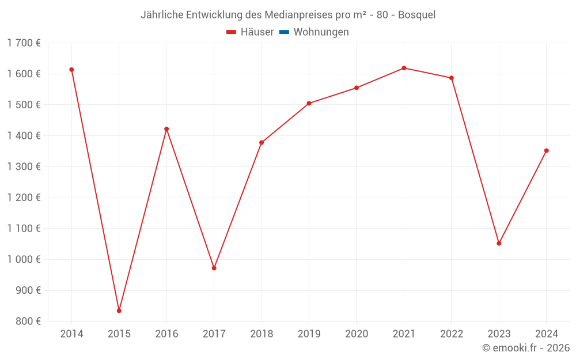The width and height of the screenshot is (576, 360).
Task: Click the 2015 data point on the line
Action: tap(119, 310)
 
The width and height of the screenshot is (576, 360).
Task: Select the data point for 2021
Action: tap(404, 68)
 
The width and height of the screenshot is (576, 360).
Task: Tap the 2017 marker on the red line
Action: tap(214, 268)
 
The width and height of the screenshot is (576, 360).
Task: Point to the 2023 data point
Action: tap(499, 243)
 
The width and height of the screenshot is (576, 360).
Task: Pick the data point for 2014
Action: tap(71, 70)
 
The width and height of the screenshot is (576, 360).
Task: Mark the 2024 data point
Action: tap(546, 151)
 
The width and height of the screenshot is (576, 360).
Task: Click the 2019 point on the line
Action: tap(309, 103)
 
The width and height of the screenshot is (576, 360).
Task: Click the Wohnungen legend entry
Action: tap(321, 32)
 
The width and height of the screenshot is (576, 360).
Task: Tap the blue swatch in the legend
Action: tap(284, 32)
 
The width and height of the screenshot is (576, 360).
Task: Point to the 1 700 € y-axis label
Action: tap(24, 43)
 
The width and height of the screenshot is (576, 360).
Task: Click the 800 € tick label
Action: tap(28, 321)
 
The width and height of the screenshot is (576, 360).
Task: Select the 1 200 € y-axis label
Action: tap(24, 198)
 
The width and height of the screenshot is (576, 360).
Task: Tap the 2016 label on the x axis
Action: tap(166, 334)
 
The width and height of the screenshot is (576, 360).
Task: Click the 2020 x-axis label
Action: tap(357, 334)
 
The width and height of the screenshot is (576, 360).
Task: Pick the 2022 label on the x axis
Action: tap(451, 334)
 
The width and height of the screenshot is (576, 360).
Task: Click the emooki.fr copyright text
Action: tap(526, 348)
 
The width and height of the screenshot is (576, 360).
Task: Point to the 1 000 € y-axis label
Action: tap(24, 259)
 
